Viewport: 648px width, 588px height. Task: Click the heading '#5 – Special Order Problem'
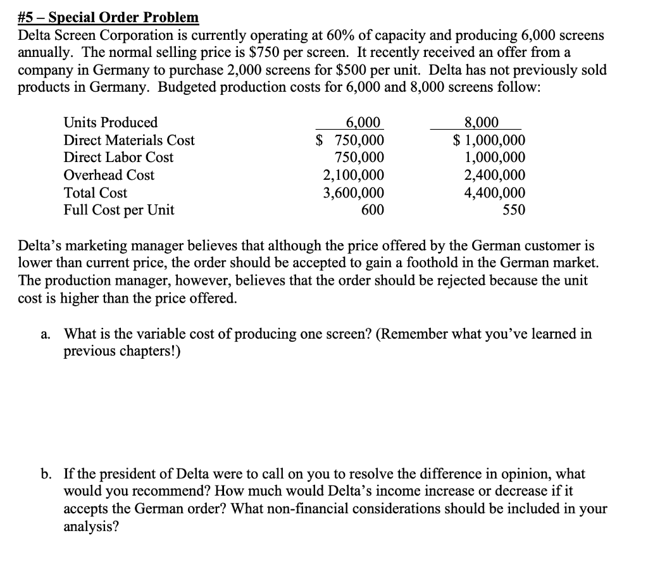coord(108,18)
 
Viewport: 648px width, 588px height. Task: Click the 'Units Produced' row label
coord(111,122)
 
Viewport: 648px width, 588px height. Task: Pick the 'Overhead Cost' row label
coord(109,175)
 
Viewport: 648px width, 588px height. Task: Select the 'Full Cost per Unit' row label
coord(119,210)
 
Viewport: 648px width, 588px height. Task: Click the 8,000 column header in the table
coord(482,122)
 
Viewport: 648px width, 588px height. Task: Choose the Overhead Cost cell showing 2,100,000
coord(353,175)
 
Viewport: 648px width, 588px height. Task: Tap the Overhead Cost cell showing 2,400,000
coord(494,175)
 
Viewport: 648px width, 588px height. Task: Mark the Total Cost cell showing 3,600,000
coord(353,193)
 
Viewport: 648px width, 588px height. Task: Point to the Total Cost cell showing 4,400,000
coord(494,193)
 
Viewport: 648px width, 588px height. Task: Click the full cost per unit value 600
coord(372,210)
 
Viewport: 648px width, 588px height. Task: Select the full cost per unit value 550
coord(513,210)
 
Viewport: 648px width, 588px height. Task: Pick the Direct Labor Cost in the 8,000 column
coord(494,158)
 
